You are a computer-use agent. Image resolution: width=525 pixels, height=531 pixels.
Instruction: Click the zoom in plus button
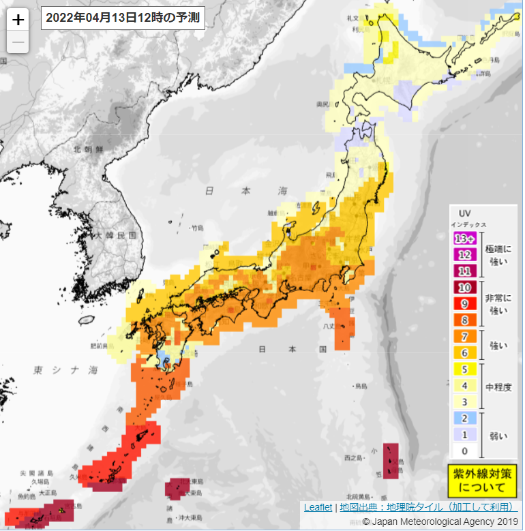18,19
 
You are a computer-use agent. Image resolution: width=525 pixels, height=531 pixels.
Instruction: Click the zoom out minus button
18,42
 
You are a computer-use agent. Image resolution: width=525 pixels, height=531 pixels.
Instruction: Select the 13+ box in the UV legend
464,239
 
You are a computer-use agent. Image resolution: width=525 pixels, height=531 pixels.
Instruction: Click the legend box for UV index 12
464,255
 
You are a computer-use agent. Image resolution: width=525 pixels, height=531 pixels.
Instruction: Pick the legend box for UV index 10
464,287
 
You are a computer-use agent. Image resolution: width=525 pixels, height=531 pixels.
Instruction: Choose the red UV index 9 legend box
464,303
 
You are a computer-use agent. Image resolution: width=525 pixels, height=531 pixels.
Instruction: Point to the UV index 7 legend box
464,336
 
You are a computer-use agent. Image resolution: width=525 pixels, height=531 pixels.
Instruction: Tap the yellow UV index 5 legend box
464,369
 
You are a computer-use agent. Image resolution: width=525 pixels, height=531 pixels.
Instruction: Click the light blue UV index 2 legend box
464,418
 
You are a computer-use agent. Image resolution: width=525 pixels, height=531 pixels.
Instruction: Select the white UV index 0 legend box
464,451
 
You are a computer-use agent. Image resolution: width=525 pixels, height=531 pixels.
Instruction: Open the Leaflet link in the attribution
318,507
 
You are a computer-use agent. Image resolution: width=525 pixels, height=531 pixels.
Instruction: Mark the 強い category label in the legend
498,345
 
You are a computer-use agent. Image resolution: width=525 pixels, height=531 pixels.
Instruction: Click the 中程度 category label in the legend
499,386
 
